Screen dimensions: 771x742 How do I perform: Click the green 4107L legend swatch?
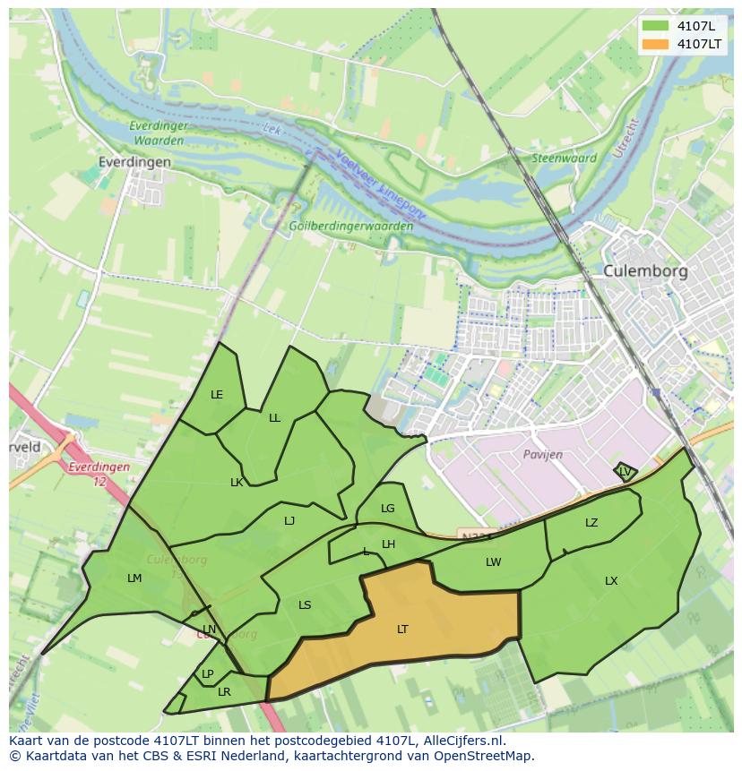point(656,26)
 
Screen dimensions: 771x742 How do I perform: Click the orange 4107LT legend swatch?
point(656,44)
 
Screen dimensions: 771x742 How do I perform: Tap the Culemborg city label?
point(644,270)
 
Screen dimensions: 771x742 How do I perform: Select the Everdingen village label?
point(134,162)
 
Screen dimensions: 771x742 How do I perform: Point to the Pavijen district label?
point(543,454)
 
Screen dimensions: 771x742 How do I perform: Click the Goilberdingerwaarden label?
point(351,226)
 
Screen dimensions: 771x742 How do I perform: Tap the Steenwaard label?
point(565,158)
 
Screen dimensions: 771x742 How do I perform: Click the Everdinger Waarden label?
point(158,133)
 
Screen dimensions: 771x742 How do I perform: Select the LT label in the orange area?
point(402,630)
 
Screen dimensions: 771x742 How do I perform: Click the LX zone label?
point(611,581)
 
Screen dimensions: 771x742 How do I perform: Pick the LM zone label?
point(134,578)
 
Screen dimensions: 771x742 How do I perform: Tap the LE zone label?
point(217,395)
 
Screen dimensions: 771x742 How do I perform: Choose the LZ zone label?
point(591,523)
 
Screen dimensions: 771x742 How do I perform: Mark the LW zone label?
point(493,562)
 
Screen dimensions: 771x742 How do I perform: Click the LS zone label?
point(305,605)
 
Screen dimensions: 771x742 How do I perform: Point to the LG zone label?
point(387,509)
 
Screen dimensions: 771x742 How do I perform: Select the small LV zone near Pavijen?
point(625,471)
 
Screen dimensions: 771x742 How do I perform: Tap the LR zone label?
point(224,692)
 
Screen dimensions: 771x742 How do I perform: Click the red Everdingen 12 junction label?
point(99,474)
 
